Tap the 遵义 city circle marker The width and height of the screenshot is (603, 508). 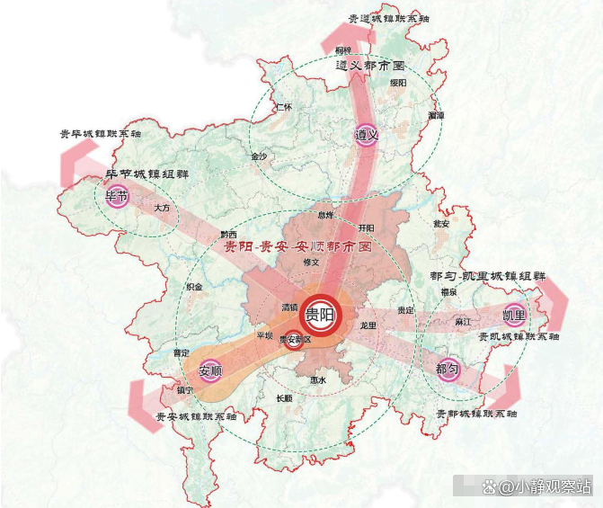point(364,135)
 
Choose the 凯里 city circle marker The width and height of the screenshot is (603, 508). point(514,316)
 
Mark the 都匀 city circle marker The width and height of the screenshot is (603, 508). point(447,370)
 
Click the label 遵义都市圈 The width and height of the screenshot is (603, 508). point(369,67)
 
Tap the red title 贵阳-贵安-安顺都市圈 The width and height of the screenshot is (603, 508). point(297,245)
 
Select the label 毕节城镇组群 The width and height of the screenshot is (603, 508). point(147,174)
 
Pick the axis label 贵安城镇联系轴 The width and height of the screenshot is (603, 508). point(196,417)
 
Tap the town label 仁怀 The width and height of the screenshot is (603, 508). point(285,107)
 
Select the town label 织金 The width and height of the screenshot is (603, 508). point(194,286)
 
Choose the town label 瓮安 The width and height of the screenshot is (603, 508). point(440,222)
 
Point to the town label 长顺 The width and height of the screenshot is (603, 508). point(284,398)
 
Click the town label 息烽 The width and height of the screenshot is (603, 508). point(324,216)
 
